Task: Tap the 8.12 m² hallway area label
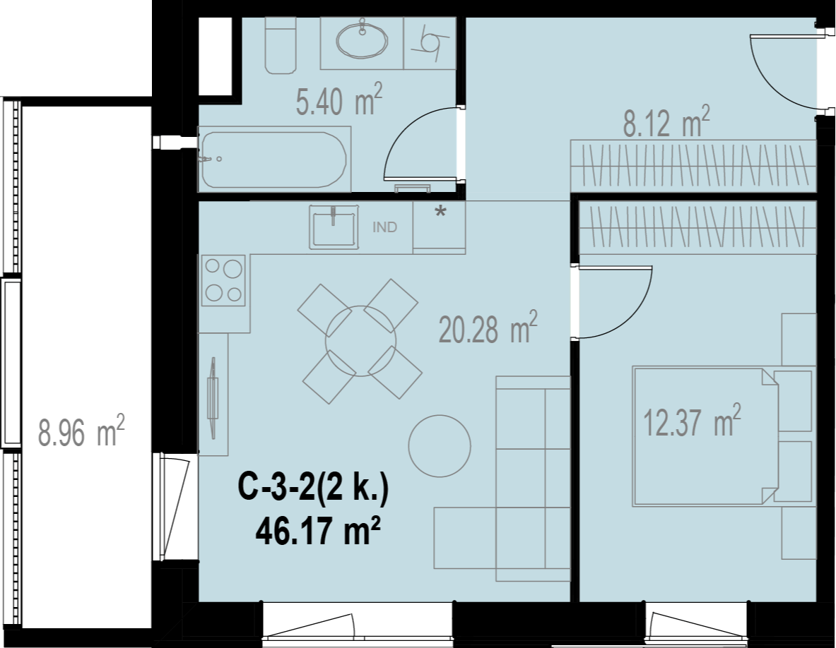pos(666,121)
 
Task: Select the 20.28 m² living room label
pos(488,328)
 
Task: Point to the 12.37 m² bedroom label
pos(692,420)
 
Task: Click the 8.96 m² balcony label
pos(81,431)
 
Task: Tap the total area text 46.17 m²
pos(318,531)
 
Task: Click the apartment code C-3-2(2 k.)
pos(313,488)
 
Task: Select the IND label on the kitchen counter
pos(384,227)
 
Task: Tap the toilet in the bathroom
pos(280,44)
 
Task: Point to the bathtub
pos(274,160)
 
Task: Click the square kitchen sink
pos(334,227)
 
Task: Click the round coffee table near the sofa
pos(440,446)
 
